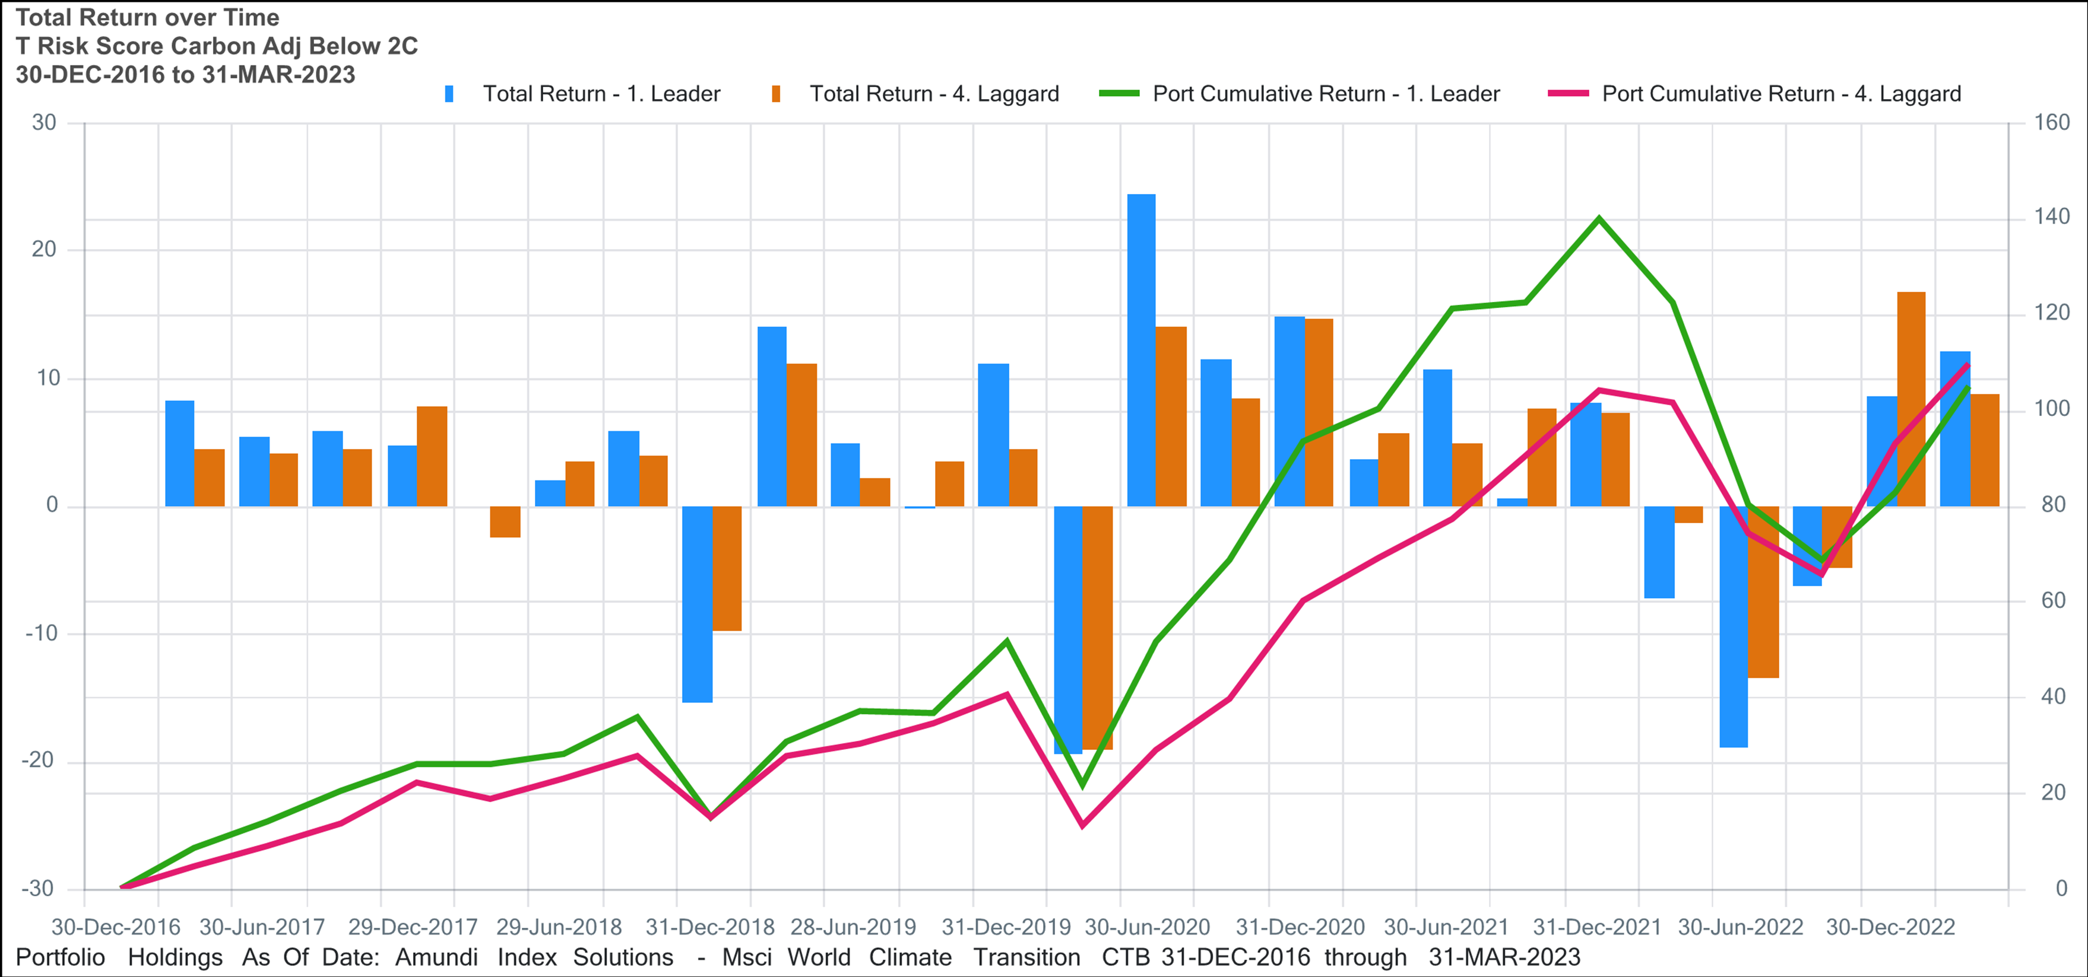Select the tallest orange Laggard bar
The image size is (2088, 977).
click(1910, 399)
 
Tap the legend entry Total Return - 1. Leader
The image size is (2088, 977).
click(601, 94)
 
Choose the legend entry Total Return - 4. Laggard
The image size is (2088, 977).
click(934, 94)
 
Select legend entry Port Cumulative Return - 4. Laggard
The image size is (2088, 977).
click(1781, 94)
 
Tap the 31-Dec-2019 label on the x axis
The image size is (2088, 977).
click(1005, 927)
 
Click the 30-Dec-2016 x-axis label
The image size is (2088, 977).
click(115, 927)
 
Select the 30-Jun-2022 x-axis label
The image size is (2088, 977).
click(1740, 927)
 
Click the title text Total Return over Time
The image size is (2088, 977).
click(147, 17)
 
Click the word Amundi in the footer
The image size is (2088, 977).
click(436, 957)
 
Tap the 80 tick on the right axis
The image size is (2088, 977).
click(2052, 505)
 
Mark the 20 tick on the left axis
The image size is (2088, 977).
click(44, 250)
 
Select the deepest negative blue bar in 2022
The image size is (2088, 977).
click(1733, 626)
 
